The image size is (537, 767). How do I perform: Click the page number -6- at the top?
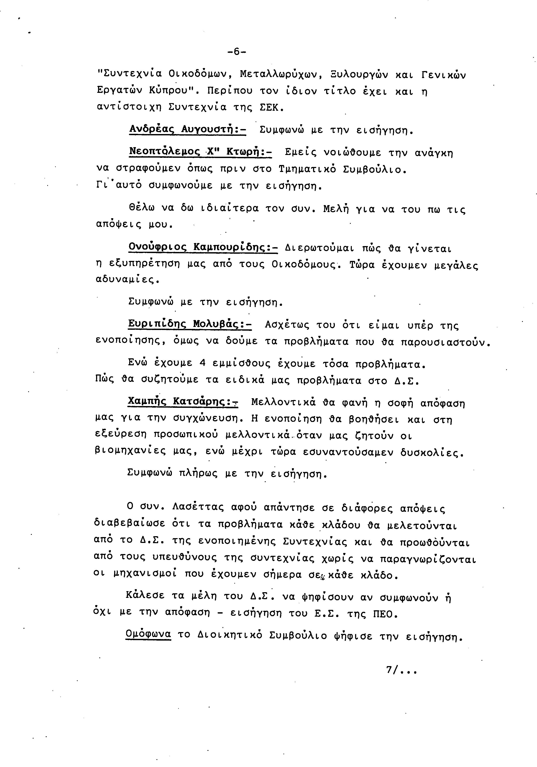click(236, 52)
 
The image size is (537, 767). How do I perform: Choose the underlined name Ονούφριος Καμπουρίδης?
click(203, 248)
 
